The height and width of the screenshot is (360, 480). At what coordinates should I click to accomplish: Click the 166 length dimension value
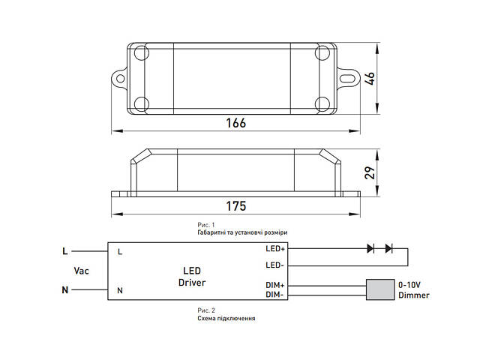(235, 123)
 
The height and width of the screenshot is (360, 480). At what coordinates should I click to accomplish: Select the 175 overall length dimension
(235, 206)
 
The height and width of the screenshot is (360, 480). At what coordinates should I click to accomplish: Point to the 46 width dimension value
(370, 79)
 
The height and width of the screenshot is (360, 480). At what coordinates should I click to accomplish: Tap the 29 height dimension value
(370, 173)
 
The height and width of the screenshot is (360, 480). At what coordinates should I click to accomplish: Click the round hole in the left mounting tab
(121, 79)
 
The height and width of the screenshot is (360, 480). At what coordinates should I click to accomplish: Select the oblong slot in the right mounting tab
(347, 79)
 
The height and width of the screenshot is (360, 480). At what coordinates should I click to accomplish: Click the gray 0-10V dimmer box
(380, 289)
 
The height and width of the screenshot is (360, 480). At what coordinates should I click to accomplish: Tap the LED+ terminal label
(275, 248)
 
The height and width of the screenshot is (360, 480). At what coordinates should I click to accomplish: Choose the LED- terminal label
(275, 265)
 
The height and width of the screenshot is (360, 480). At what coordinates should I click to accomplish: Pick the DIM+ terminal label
(275, 285)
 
